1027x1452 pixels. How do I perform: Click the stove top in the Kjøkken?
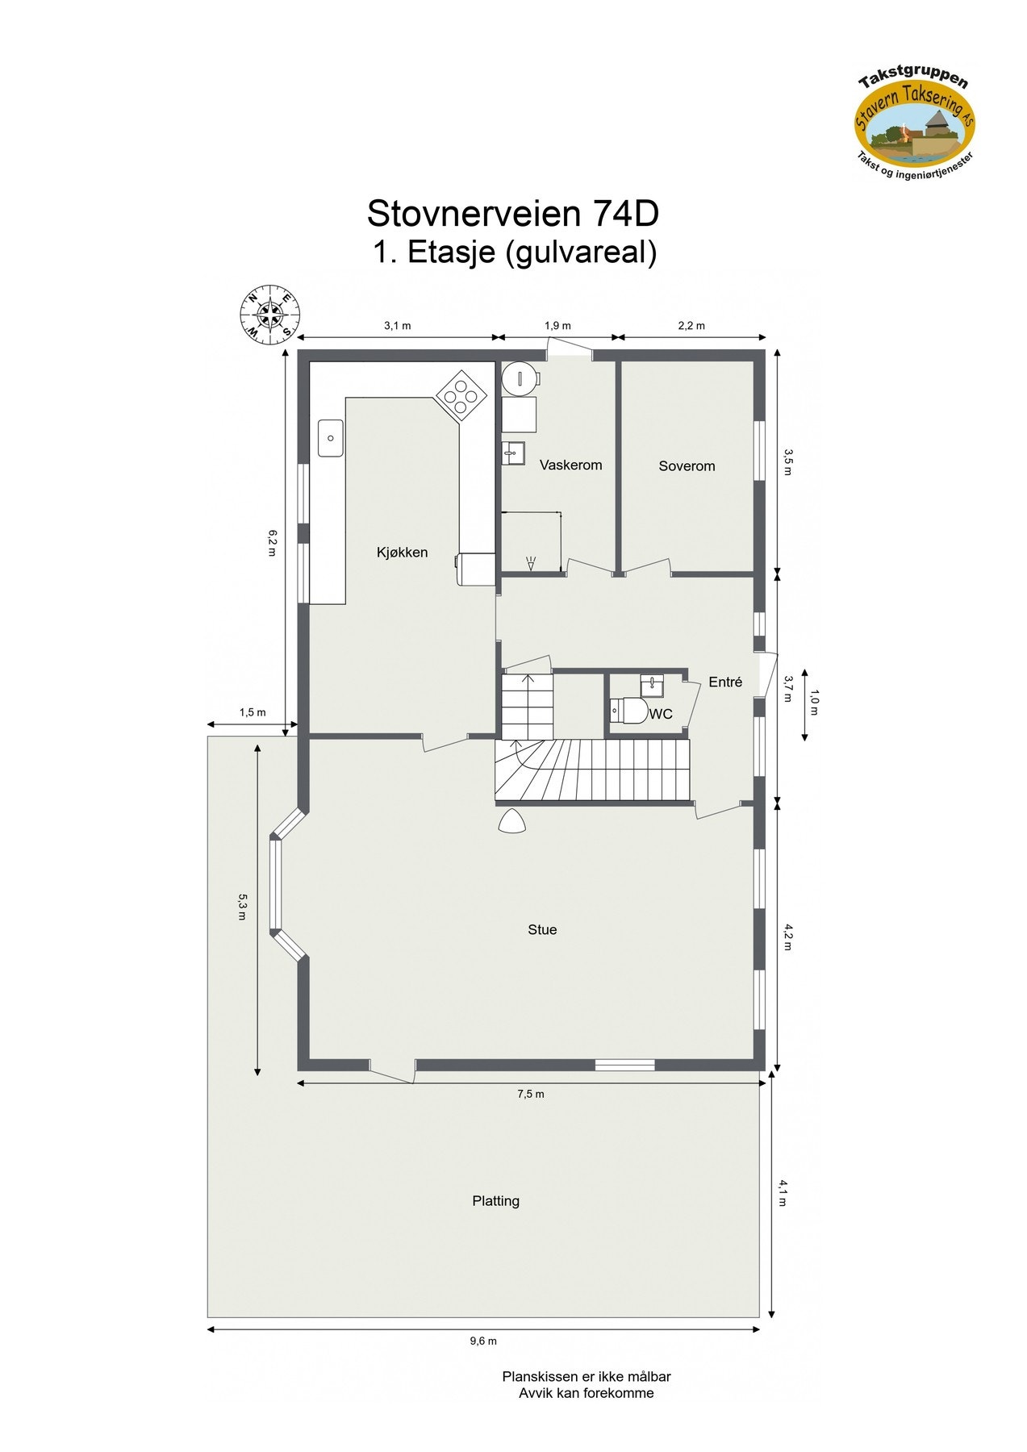pyautogui.click(x=461, y=395)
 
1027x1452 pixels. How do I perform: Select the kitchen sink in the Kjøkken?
pyautogui.click(x=330, y=438)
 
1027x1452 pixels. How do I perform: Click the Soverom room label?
pyautogui.click(x=687, y=466)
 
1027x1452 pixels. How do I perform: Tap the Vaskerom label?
pyautogui.click(x=570, y=465)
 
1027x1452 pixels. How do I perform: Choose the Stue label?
pyautogui.click(x=542, y=930)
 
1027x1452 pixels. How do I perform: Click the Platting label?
pyautogui.click(x=495, y=1201)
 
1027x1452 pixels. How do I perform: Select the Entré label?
pyautogui.click(x=725, y=682)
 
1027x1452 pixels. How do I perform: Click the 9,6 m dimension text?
pyautogui.click(x=483, y=1341)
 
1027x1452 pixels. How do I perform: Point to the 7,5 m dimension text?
pyautogui.click(x=531, y=1095)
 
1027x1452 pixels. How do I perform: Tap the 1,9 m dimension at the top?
pyautogui.click(x=557, y=326)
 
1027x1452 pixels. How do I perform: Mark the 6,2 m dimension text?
pyautogui.click(x=272, y=543)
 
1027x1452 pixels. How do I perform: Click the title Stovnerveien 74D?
pyautogui.click(x=513, y=214)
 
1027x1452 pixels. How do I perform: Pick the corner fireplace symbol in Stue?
pyautogui.click(x=511, y=822)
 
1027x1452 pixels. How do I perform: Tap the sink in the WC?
pyautogui.click(x=651, y=686)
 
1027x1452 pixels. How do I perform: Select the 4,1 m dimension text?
pyautogui.click(x=782, y=1193)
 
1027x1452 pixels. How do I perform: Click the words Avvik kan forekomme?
pyautogui.click(x=587, y=1393)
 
